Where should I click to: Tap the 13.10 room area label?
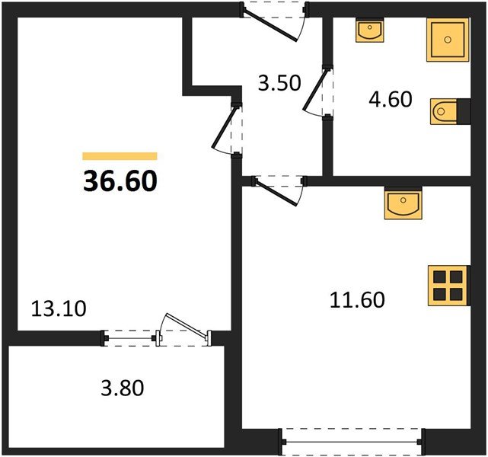(59, 308)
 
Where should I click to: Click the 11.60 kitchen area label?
(357, 299)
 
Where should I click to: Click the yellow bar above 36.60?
(120, 156)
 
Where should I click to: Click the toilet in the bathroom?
(445, 113)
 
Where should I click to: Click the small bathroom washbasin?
(371, 31)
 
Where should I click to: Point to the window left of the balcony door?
(129, 335)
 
